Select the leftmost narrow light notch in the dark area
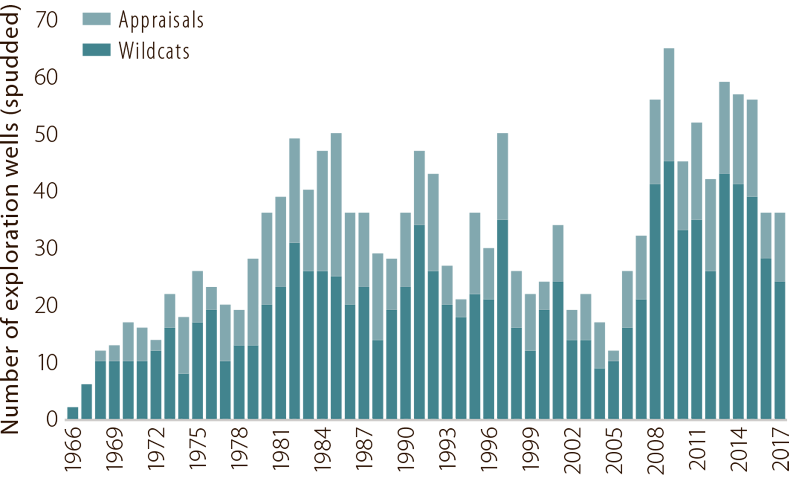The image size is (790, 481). point(183,350)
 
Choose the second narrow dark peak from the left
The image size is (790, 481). point(211,329)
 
